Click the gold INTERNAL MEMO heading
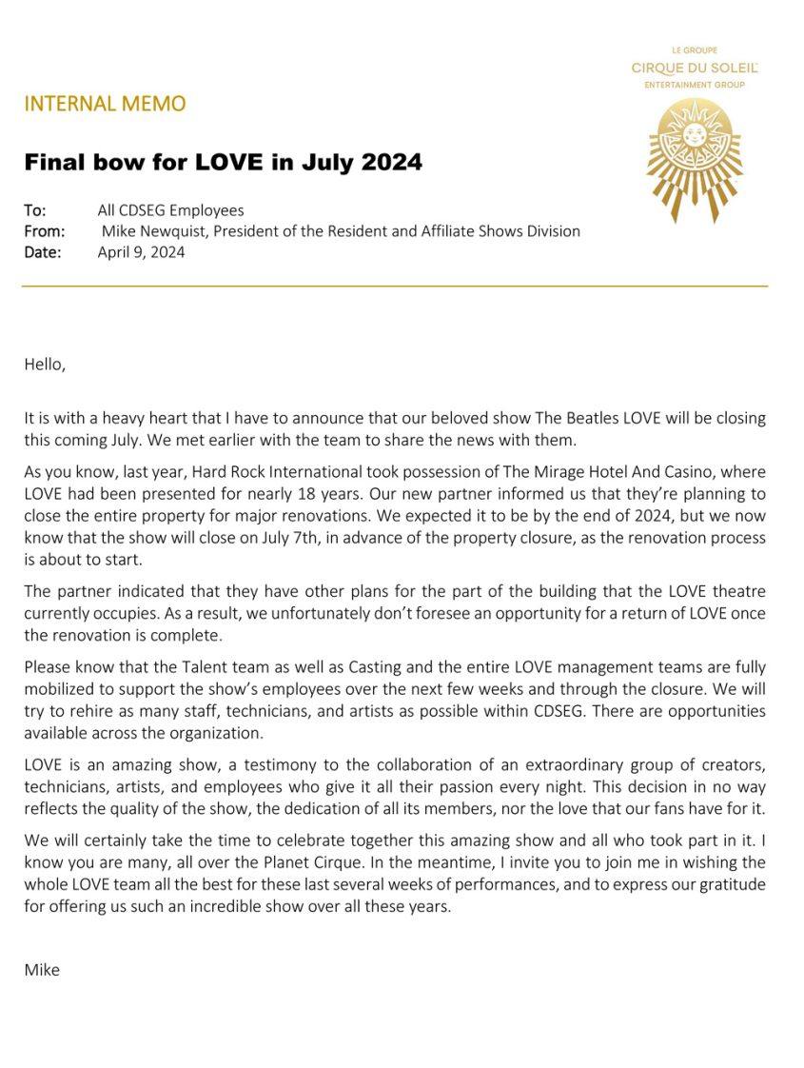(x=105, y=104)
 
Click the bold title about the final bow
(x=223, y=162)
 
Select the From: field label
(x=44, y=231)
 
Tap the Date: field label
(x=42, y=252)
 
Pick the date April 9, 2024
(x=141, y=252)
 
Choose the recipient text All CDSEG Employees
(x=170, y=210)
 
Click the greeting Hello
(x=45, y=364)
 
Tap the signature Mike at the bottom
(x=42, y=970)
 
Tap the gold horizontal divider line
(x=395, y=286)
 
